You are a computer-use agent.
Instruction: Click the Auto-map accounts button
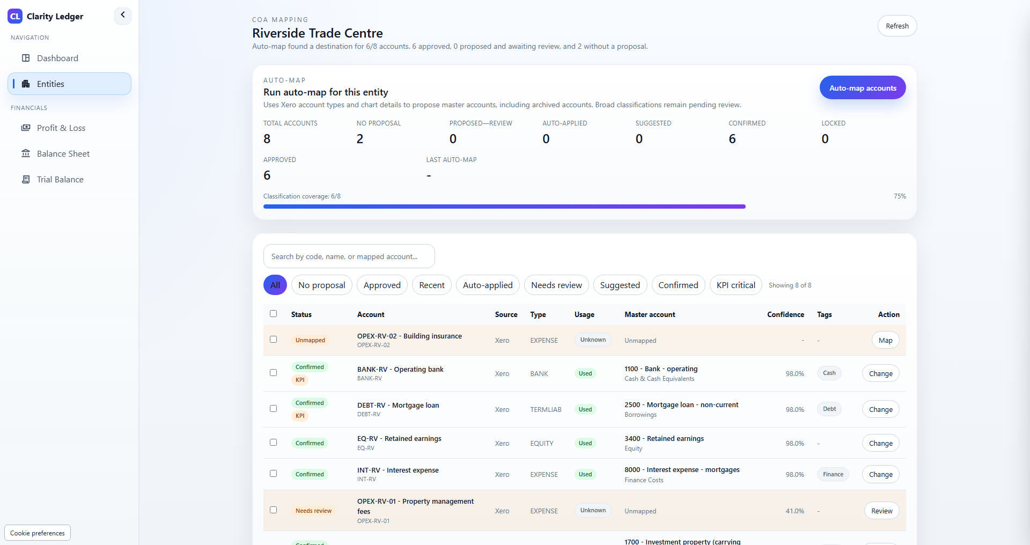[x=863, y=88]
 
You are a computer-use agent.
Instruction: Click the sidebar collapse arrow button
[x=123, y=16]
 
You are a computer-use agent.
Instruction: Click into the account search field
[x=349, y=256]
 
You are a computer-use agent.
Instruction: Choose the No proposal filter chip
[x=322, y=285]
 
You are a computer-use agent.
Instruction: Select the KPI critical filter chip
[x=736, y=285]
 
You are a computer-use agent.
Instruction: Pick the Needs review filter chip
[x=556, y=285]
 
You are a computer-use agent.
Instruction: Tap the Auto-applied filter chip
[x=488, y=285]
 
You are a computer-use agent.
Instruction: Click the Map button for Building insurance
[x=886, y=340]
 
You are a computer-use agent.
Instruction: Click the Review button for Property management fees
[x=882, y=511]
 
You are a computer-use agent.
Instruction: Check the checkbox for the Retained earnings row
[x=274, y=443]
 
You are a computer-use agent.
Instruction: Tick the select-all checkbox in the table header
[x=274, y=314]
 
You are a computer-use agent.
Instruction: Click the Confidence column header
[x=785, y=314]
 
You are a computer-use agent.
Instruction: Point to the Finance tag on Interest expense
[x=833, y=474]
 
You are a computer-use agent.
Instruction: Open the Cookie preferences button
[x=38, y=533]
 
